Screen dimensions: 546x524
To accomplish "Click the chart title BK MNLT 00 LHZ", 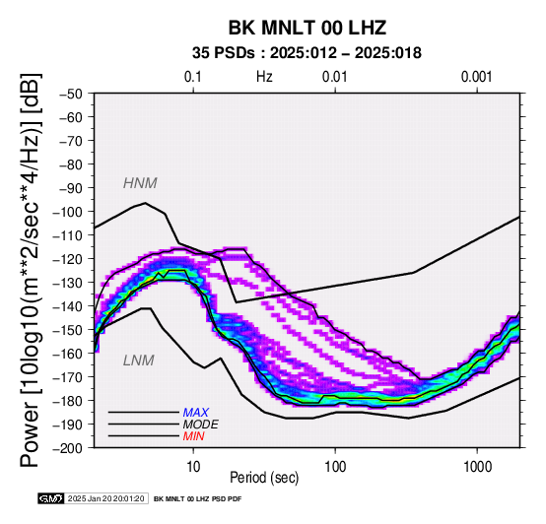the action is pos(307,28).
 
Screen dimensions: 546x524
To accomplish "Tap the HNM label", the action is pos(140,183).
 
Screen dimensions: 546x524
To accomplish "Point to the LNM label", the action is pos(139,360).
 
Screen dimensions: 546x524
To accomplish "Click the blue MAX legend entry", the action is pos(196,413).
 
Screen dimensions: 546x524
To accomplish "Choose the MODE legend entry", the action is pos(201,425).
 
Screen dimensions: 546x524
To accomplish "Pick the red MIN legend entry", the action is pos(193,436).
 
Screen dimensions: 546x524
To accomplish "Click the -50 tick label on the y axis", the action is pos(70,94).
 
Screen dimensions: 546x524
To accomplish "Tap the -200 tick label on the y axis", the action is pos(68,448).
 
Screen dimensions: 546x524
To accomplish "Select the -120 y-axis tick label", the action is pos(68,259).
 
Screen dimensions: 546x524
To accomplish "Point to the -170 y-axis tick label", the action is pos(68,377).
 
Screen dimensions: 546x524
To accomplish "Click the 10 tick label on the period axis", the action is pos(193,467).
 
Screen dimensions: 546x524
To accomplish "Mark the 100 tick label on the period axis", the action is pos(335,467).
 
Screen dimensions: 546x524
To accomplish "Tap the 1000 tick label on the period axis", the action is pos(477,467).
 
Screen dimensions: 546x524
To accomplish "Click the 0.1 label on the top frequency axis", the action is pos(193,77).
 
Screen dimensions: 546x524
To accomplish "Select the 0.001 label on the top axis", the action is pos(476,77).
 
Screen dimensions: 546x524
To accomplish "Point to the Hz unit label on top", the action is pos(264,77).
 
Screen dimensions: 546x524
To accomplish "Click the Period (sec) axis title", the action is pos(264,478).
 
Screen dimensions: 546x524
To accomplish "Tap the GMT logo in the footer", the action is pos(51,498).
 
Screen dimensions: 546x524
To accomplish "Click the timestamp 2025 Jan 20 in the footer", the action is pos(85,498).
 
